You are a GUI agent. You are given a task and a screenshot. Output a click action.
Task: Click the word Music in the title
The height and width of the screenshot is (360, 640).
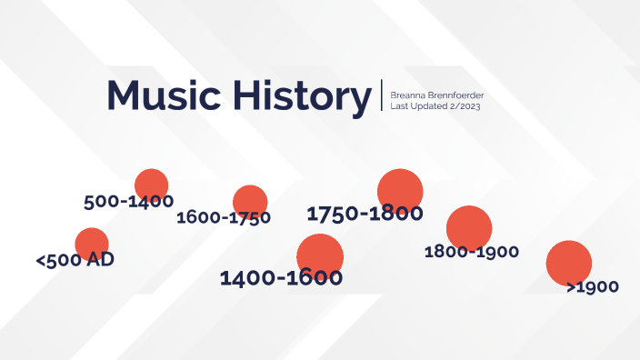(x=163, y=95)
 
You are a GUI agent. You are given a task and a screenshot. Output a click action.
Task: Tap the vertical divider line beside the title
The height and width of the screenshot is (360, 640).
(x=382, y=96)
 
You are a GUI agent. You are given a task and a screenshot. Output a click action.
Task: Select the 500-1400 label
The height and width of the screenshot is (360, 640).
(x=128, y=201)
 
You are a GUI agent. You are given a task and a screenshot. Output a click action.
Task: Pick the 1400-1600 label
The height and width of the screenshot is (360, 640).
(x=281, y=277)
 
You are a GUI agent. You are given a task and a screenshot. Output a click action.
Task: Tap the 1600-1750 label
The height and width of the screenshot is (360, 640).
(x=224, y=217)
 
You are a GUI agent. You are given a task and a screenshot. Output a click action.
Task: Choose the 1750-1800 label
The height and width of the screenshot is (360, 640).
(x=365, y=214)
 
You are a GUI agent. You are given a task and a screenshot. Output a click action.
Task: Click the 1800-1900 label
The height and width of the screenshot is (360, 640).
(x=471, y=251)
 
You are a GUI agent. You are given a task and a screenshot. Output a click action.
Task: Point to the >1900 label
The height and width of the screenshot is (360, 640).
(x=592, y=286)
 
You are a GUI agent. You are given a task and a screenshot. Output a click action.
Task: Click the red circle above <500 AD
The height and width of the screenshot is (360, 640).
(x=92, y=243)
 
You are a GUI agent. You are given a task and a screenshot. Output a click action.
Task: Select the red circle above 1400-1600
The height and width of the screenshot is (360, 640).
(x=320, y=255)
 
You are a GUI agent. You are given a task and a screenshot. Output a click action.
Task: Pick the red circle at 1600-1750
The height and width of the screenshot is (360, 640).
(x=250, y=200)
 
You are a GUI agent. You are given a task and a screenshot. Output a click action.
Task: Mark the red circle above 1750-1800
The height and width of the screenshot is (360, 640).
(x=401, y=190)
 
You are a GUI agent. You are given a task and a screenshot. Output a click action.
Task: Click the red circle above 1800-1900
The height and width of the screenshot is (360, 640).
(x=469, y=227)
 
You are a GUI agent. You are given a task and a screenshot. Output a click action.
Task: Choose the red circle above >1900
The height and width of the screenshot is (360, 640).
(x=569, y=262)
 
